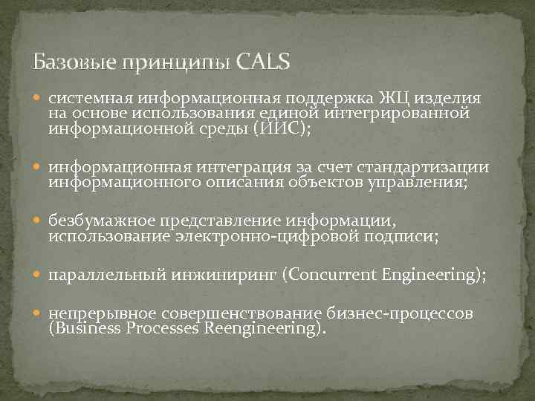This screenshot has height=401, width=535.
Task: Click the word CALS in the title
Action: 264,62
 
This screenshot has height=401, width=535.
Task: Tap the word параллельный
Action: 103,276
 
